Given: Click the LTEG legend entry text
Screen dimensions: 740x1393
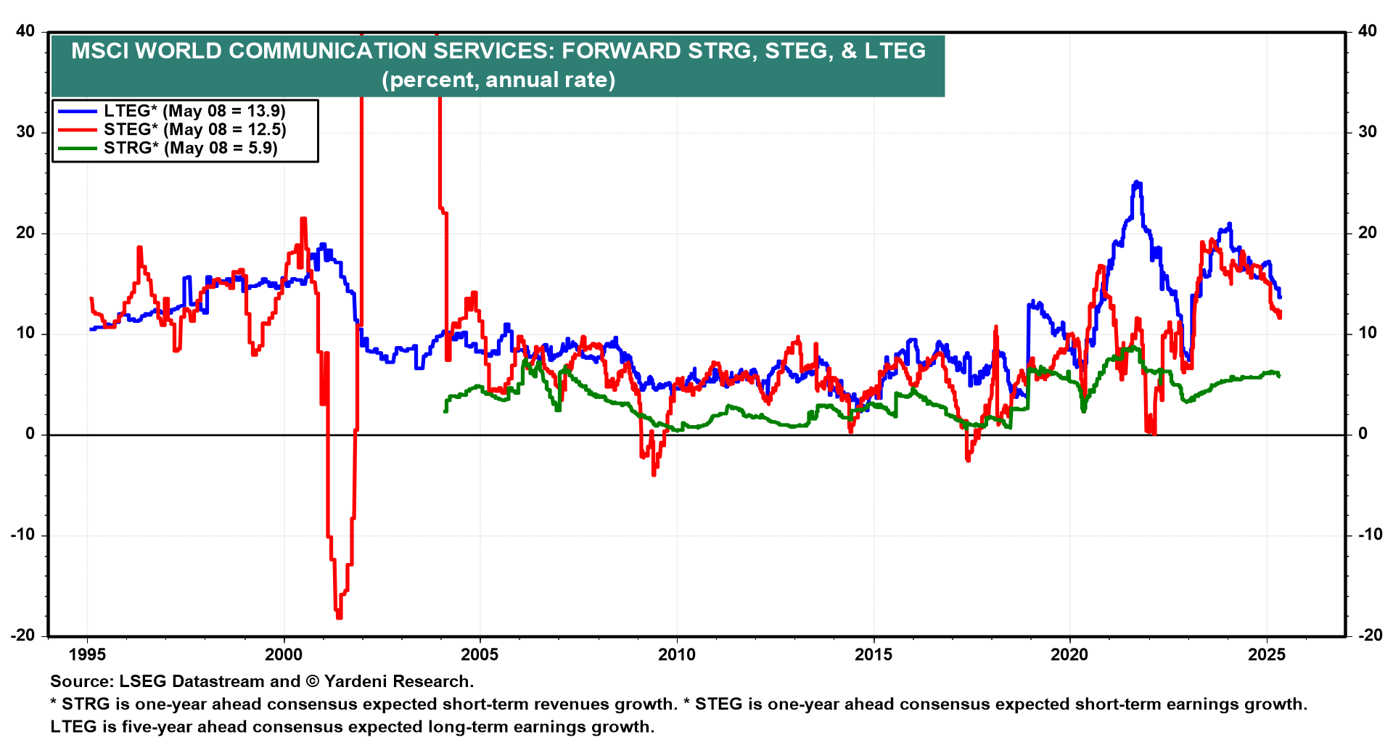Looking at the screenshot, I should (x=194, y=111).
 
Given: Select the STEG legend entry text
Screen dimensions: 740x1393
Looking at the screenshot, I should (x=194, y=130).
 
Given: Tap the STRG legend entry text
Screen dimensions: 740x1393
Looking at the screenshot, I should (x=190, y=148).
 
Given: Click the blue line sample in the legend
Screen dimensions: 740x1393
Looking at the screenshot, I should (x=78, y=111).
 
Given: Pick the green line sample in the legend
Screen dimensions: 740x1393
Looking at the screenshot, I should (x=78, y=148).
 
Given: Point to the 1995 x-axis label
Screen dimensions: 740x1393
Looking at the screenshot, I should (x=87, y=654).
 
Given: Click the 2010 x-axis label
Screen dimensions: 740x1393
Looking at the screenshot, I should (x=676, y=654).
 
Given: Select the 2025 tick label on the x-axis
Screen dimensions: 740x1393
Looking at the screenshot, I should (x=1266, y=654).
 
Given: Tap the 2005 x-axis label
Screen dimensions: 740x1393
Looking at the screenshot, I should (x=480, y=654).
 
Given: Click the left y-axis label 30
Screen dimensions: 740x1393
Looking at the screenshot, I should (x=26, y=132).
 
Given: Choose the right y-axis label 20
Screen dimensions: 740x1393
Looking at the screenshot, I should (x=1367, y=233).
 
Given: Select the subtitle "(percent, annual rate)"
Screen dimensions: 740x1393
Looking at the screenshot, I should (x=498, y=79).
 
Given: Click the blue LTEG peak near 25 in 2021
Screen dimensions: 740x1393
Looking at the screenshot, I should (x=1137, y=183).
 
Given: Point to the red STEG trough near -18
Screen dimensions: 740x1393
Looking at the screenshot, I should (x=339, y=617).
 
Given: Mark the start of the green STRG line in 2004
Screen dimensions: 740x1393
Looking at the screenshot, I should (x=445, y=411).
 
